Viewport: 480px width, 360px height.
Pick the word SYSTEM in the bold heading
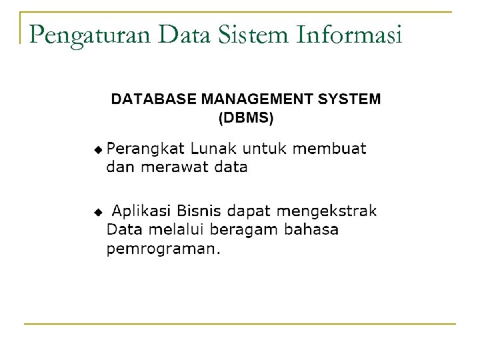351,99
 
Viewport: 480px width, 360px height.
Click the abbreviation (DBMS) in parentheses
246,119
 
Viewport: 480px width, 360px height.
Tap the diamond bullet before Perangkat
99,148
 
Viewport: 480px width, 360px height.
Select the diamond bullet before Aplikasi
99,212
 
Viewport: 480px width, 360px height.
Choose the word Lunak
210,148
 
